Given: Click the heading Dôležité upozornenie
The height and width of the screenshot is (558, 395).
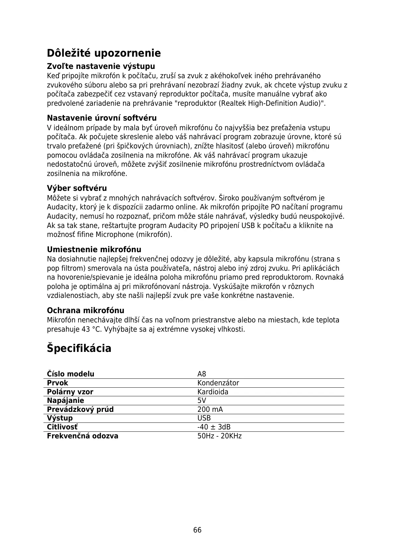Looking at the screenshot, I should coord(104,53).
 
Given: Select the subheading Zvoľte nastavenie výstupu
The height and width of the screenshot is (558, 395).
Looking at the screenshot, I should coord(101,66).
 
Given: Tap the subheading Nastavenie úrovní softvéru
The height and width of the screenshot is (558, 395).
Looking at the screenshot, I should coord(102,118).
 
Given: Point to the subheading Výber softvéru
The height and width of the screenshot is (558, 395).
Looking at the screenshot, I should coord(77,188).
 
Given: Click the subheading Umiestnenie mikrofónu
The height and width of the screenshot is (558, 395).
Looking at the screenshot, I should coord(94,250).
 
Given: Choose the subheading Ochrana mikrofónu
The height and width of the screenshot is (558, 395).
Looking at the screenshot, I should coord(86,310).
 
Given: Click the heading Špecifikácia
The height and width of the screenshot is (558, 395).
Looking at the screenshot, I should coord(79,348).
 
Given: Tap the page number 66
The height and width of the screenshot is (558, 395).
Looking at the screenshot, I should coord(197,530).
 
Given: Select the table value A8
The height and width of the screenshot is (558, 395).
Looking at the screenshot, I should coord(202,374).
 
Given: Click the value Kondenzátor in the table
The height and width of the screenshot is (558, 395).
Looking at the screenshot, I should coord(218,383).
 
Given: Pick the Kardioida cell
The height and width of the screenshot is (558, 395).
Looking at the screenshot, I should coord(213,392).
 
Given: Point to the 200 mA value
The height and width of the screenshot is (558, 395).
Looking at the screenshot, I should coord(210,410).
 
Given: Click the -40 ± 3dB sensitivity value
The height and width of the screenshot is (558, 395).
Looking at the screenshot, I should coord(214,427).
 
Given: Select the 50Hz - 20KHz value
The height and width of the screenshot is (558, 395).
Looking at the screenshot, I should coord(220,436).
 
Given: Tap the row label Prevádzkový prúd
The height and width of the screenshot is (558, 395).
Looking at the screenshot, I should coord(80,410).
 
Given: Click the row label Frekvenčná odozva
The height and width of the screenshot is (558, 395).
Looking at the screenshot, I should coord(83,436).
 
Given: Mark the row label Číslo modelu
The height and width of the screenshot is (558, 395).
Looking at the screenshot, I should coord(71,374).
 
